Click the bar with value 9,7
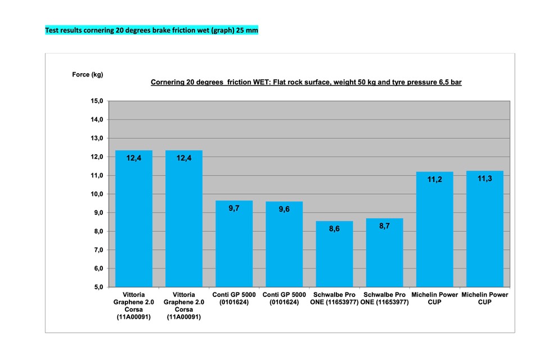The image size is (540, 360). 234,244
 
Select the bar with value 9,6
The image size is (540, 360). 284,244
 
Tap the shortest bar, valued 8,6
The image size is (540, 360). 334,254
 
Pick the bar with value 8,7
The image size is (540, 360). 384,253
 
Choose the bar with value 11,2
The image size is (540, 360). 435,229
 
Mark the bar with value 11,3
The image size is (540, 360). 485,229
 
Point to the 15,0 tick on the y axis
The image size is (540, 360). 97,101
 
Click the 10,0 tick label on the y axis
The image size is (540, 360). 97,194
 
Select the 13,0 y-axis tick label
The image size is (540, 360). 97,138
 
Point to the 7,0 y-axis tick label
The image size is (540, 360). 98,250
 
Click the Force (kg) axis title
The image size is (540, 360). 88,74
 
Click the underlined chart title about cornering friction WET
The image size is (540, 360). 306,82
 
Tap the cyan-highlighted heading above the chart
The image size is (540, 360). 151,30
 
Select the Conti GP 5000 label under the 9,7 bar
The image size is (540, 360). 234,298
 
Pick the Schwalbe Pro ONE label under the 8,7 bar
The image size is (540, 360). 384,298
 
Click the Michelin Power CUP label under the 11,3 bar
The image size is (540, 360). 485,298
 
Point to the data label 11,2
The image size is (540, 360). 435,179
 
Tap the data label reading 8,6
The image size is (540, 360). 334,229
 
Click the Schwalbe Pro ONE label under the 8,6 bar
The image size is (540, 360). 334,298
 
